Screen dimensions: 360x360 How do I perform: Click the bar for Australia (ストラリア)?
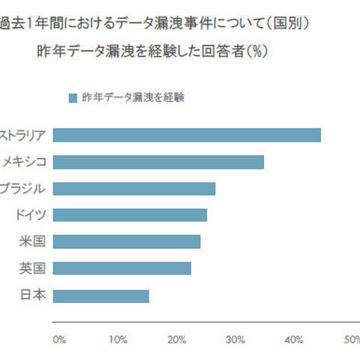(187, 135)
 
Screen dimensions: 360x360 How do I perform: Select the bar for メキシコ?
(159, 162)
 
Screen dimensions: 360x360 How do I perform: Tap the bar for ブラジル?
(135, 188)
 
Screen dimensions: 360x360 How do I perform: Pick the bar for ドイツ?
(130, 215)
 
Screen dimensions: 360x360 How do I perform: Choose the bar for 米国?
(127, 241)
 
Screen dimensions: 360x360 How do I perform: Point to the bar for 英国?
(123, 268)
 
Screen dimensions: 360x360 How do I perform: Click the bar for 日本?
(102, 295)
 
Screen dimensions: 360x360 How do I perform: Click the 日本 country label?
(34, 295)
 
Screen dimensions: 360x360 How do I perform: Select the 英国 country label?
(34, 268)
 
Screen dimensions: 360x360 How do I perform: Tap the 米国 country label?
(34, 241)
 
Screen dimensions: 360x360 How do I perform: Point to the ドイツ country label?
(30, 215)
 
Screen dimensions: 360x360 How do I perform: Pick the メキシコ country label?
(24, 162)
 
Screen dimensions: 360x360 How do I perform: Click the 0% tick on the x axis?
(59, 339)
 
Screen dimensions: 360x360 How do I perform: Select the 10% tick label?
(118, 339)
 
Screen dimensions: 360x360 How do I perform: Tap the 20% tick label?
(176, 339)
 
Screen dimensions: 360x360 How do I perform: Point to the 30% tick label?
(235, 339)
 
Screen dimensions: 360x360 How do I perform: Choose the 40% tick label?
(293, 339)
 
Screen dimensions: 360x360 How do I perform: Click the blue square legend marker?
(72, 97)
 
